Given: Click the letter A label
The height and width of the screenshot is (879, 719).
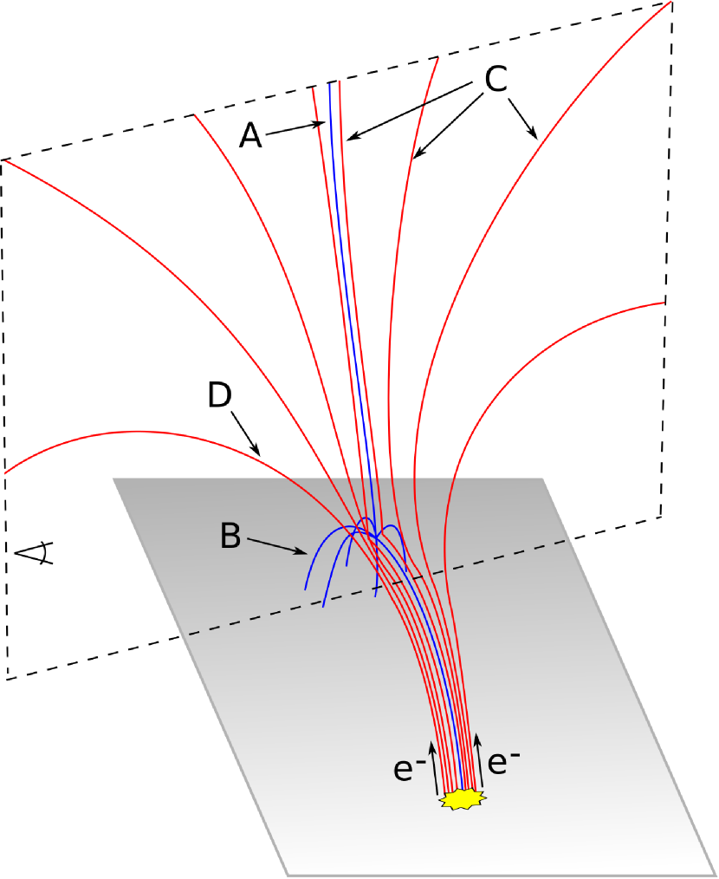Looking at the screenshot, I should coord(250,135).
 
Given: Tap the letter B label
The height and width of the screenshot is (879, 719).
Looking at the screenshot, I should coord(230,537).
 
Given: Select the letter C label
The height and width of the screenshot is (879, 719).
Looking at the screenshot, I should coord(495,80).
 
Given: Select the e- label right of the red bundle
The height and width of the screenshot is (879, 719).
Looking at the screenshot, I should coord(504,763).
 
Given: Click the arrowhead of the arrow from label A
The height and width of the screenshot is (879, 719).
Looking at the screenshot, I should coord(322,126).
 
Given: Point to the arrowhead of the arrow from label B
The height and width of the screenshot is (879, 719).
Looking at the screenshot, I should coord(305,552).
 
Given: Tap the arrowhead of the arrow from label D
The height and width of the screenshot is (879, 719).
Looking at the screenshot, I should coord(258,453).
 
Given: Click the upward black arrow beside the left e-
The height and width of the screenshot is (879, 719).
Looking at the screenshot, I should coord(435,767).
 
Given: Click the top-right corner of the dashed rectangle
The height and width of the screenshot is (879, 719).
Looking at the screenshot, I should coord(671,3).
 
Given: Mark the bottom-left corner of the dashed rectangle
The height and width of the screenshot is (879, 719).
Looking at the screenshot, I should coord(7,680).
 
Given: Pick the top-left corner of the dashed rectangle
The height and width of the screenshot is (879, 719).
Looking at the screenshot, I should coord(3,160).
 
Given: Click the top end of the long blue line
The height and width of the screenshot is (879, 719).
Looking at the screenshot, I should coord(330,83).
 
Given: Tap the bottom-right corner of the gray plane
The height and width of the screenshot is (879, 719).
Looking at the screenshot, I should coord(716,873).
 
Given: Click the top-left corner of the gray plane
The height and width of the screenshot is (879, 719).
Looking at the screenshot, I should coord(114,479).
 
